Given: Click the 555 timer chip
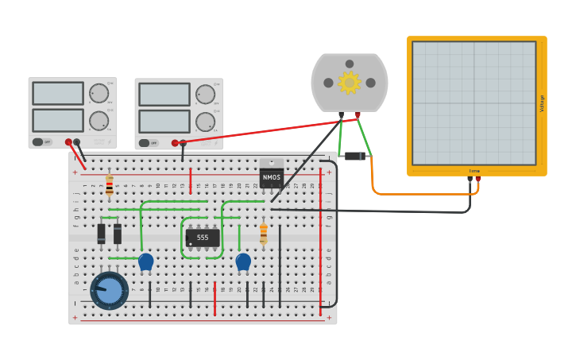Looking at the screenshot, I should [203, 237].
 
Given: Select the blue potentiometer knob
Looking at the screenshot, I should [110, 290].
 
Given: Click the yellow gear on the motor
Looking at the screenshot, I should [349, 82].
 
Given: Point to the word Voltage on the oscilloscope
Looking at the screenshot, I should [543, 103].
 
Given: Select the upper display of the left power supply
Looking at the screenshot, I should [58, 93].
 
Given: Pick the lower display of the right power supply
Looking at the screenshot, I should [164, 122].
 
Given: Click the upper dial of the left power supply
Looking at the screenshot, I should [99, 93].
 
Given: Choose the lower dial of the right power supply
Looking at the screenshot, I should [205, 122].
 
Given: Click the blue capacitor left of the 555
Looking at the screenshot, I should [145, 261].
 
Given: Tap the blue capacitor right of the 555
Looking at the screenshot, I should [243, 261].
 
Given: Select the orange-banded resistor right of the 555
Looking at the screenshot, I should [264, 234].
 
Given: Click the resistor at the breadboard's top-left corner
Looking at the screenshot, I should [110, 185].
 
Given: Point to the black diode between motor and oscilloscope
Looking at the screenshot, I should [354, 156].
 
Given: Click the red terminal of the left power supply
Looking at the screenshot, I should [69, 142].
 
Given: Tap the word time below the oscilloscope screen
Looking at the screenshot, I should [474, 171].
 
